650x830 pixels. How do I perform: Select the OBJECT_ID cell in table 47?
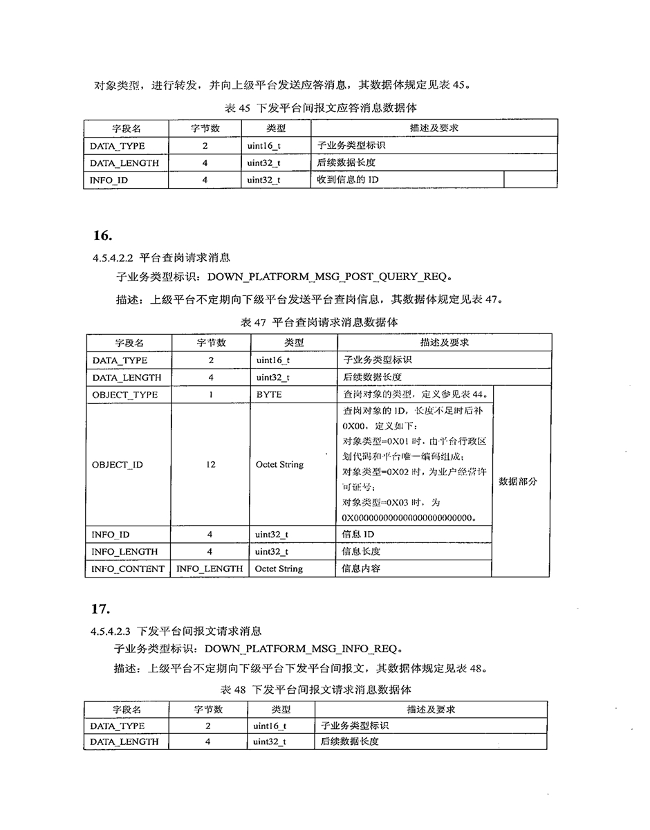(118, 465)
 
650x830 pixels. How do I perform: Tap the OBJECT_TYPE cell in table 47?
(124, 395)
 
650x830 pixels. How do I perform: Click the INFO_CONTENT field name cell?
(129, 569)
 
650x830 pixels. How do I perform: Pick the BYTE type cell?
(269, 395)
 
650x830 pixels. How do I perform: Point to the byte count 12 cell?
(210, 465)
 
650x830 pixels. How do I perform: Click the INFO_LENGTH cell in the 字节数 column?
(210, 569)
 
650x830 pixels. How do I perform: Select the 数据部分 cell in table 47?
(522, 481)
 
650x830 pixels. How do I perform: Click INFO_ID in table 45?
(109, 180)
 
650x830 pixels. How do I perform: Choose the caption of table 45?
(321, 108)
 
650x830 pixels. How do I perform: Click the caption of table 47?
(319, 322)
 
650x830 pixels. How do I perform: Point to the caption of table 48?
(316, 690)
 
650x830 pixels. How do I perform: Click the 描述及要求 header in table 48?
(431, 710)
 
